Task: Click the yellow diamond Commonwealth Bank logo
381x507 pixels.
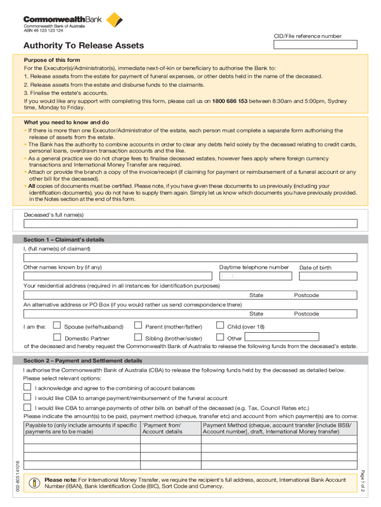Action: [114, 20]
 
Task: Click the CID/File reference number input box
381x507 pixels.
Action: [315, 45]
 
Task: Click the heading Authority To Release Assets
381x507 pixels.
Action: [84, 46]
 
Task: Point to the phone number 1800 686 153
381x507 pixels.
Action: [230, 101]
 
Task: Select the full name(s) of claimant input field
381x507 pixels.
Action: [190, 257]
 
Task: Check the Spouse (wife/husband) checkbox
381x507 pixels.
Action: [57, 326]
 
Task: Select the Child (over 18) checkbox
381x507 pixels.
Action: [220, 326]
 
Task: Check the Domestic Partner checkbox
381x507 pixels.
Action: [57, 338]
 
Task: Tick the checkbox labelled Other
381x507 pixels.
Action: [220, 338]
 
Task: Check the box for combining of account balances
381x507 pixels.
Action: [28, 387]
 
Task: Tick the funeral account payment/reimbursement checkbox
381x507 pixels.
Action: [28, 397]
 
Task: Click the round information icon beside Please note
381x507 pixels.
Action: [34, 483]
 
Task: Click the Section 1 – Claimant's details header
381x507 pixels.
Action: [64, 240]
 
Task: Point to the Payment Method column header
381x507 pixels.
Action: [277, 428]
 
